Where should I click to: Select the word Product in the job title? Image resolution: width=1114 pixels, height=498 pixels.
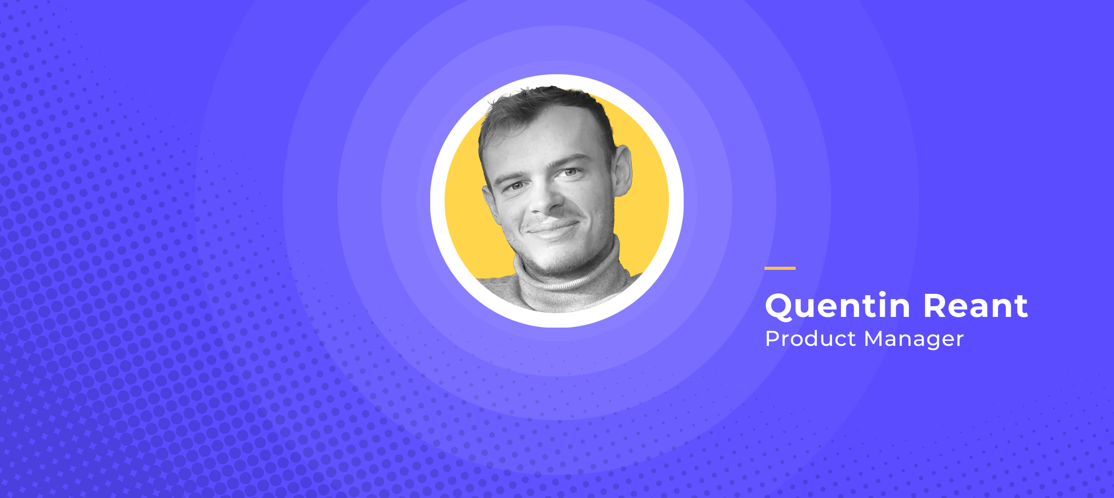point(811,339)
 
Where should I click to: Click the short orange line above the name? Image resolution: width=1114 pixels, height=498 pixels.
point(780,268)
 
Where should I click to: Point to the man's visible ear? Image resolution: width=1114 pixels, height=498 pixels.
point(623,170)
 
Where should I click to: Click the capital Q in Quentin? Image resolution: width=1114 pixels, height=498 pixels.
point(779,307)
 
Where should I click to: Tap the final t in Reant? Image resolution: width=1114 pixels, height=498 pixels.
point(1021,307)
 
